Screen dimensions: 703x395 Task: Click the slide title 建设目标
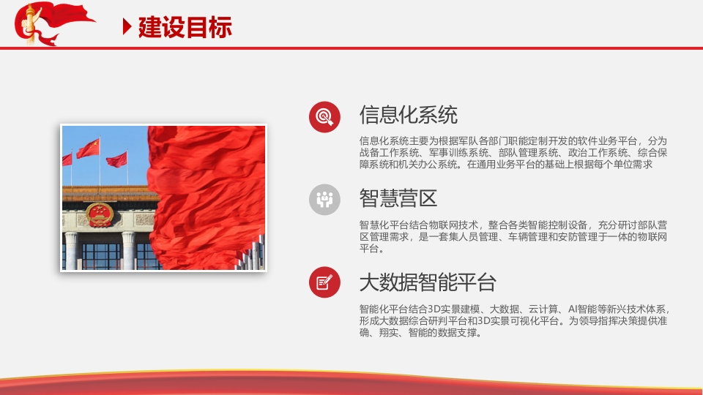tap(185, 27)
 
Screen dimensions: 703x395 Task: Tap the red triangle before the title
tap(127, 27)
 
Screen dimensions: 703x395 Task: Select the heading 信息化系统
tap(408, 115)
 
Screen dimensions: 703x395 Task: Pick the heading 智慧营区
tap(398, 198)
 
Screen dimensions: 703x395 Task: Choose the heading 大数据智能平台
tap(428, 282)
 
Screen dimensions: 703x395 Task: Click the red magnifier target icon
tap(324, 117)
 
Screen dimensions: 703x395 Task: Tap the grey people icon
tap(324, 200)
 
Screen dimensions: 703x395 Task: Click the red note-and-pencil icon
tap(324, 282)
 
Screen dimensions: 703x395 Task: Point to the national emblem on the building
tap(100, 215)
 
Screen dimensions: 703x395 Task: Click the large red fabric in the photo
tap(207, 197)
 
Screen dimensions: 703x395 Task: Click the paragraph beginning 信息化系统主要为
tap(513, 153)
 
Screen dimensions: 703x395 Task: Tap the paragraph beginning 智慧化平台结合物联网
tap(513, 236)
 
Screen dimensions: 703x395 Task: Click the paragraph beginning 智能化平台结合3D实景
tap(514, 320)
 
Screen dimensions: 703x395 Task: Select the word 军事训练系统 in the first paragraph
tap(458, 153)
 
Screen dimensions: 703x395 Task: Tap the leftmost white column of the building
tap(71, 251)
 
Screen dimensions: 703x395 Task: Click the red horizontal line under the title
tap(351, 48)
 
